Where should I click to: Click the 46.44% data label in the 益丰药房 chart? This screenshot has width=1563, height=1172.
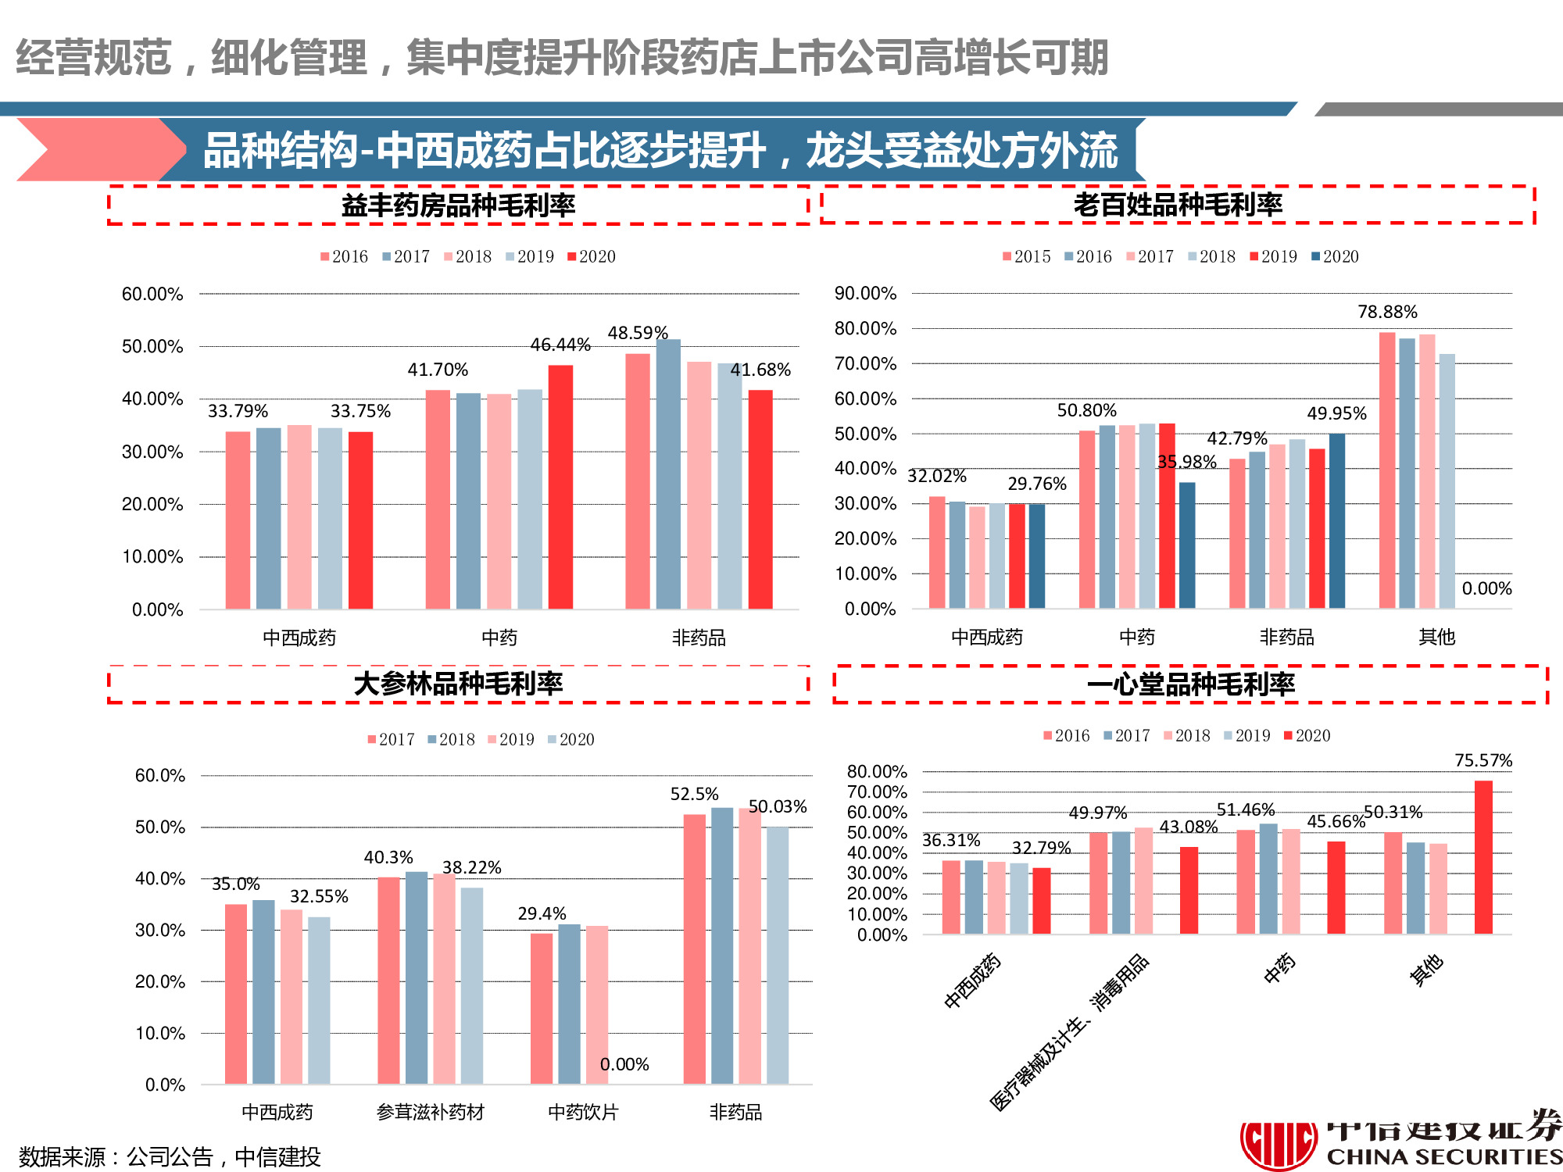point(560,345)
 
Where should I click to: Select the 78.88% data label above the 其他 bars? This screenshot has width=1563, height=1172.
point(1387,312)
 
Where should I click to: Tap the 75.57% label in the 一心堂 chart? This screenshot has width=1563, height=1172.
point(1483,760)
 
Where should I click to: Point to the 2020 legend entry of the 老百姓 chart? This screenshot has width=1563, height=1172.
point(1336,256)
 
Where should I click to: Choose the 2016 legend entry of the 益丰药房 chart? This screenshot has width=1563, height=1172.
point(345,256)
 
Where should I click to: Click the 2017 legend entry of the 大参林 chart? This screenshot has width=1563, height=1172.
point(392,739)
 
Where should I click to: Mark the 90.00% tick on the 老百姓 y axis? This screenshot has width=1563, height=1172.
point(865,294)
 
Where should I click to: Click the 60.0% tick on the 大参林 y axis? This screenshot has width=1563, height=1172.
point(160,775)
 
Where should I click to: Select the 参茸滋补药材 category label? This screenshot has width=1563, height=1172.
point(431,1112)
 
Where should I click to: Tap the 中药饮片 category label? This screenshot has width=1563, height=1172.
point(583,1112)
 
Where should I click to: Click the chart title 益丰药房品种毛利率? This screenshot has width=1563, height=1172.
point(458,205)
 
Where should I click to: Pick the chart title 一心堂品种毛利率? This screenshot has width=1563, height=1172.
point(1190,684)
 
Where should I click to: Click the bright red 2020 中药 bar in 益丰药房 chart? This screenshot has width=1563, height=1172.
point(560,486)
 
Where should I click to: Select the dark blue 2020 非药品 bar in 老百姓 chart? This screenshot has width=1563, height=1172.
point(1336,520)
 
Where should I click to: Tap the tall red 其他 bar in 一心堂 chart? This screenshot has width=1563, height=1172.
point(1483,856)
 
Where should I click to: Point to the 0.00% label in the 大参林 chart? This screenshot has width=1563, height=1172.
point(624,1064)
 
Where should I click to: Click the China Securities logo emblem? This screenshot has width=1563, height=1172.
point(1279,1145)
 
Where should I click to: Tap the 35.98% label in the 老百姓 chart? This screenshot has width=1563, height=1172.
point(1186,462)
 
